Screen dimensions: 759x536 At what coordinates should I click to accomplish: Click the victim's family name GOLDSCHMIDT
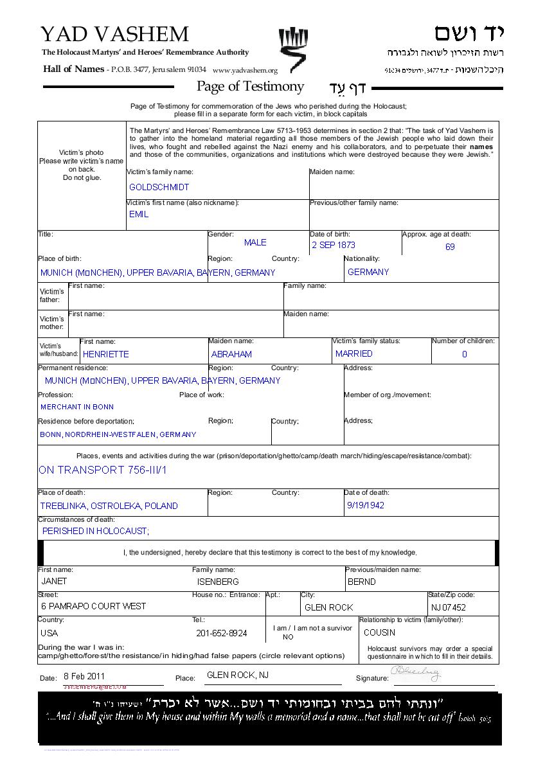[x=159, y=187]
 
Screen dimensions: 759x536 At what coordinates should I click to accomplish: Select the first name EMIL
[x=139, y=214]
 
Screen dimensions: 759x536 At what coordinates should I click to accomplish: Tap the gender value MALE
[x=255, y=242]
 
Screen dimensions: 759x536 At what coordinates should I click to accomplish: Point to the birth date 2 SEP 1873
[x=334, y=245]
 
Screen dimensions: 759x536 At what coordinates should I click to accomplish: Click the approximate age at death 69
[x=450, y=247]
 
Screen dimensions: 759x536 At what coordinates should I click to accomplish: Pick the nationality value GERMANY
[x=368, y=272]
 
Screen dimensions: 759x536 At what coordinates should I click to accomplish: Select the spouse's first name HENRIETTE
[x=105, y=354]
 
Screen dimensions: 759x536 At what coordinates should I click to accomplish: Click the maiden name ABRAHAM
[x=231, y=354]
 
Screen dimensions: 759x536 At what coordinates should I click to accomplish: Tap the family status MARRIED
[x=353, y=353]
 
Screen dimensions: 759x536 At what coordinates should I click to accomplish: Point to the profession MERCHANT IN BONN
[x=77, y=407]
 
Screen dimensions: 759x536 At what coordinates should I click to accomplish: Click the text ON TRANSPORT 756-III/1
[x=103, y=470]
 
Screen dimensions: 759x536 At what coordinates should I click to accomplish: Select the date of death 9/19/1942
[x=365, y=505]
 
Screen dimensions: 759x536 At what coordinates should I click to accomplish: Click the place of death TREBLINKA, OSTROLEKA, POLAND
[x=109, y=506]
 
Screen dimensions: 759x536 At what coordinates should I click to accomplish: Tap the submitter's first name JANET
[x=54, y=581]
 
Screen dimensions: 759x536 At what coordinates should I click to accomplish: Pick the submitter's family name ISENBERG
[x=218, y=582]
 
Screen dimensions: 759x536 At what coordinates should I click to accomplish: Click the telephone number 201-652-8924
[x=221, y=633]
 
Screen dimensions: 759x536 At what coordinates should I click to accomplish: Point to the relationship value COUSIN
[x=379, y=632]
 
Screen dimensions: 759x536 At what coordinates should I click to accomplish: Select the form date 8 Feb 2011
[x=84, y=676]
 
